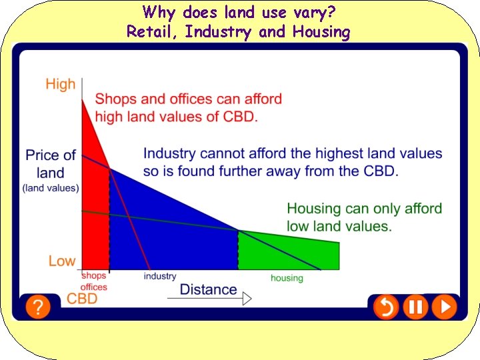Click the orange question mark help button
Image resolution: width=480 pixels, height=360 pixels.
pos(39,307)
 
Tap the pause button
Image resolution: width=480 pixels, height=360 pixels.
pos(415,307)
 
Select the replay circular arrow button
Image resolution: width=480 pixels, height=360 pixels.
pos(386,307)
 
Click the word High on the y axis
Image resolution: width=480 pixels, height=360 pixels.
pos(61,85)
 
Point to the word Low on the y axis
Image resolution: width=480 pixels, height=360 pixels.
pos(62,261)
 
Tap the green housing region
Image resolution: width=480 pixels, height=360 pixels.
pos(287,252)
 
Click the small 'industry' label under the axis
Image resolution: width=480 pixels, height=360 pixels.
pos(160,276)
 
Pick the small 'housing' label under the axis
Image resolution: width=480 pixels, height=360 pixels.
pos(287,278)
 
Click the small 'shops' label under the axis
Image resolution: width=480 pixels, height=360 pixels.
pos(94,275)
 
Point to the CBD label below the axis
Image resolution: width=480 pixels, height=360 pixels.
pos(82,298)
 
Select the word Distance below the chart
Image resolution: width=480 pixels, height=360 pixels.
pos(208,289)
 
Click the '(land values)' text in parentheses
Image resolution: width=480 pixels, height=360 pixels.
pos(51,188)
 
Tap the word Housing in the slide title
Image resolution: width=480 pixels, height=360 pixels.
pos(319,31)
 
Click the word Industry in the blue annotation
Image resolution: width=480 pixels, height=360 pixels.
pos(168,153)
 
